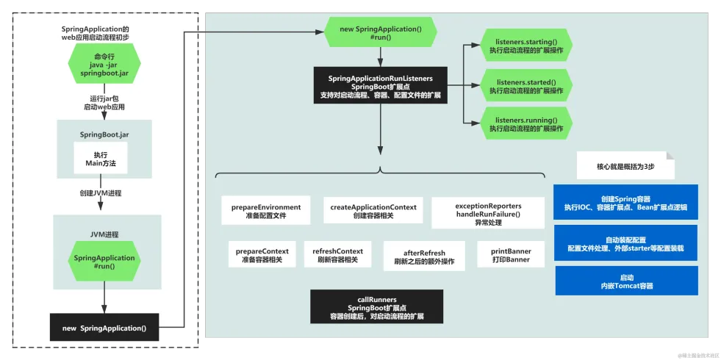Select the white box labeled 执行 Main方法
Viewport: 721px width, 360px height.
(100, 158)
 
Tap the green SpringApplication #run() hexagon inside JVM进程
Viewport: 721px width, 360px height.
(104, 262)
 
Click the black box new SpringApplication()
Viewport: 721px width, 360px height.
(104, 328)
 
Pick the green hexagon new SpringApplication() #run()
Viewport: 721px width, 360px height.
(380, 32)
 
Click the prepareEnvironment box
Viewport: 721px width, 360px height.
(266, 211)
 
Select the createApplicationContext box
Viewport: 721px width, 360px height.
(373, 211)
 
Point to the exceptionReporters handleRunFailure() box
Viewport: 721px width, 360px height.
(488, 213)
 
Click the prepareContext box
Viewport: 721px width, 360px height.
(262, 255)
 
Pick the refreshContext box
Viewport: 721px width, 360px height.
(337, 255)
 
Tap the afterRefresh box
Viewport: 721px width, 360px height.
(424, 256)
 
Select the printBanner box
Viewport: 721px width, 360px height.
(511, 255)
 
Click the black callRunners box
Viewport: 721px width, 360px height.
(376, 306)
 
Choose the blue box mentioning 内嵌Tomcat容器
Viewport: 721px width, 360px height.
(627, 281)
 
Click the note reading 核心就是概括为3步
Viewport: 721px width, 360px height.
(625, 166)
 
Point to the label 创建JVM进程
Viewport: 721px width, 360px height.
(100, 193)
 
